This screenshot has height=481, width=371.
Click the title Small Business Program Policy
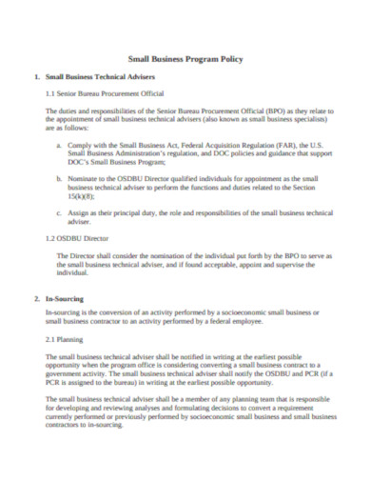tap(185, 59)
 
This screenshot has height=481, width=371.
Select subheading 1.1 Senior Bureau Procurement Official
tap(106, 93)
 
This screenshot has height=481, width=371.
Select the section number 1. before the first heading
tap(36, 76)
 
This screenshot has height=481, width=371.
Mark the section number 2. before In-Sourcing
tap(36, 300)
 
